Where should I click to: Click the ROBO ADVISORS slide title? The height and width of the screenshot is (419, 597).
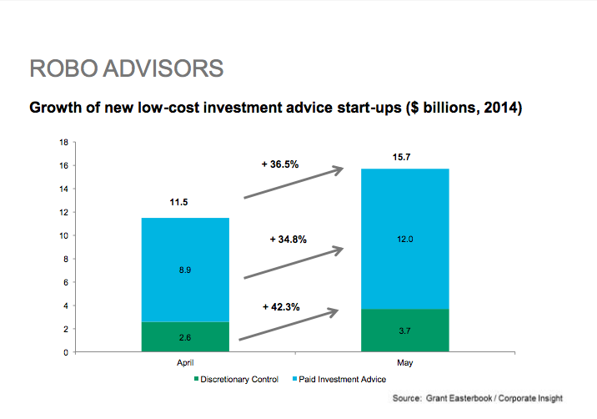click(x=127, y=68)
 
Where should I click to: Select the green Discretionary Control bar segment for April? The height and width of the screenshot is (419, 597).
click(x=185, y=336)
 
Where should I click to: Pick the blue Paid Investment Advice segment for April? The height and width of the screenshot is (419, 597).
click(x=185, y=270)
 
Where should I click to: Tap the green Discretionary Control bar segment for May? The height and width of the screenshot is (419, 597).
click(x=405, y=331)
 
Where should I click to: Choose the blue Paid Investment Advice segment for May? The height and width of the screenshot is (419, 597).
click(x=405, y=239)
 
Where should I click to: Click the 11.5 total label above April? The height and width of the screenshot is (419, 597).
click(x=178, y=202)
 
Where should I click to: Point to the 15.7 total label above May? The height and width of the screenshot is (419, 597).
click(x=401, y=157)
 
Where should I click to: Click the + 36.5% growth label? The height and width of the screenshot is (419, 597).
click(x=280, y=164)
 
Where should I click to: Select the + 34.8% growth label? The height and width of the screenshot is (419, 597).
click(x=288, y=240)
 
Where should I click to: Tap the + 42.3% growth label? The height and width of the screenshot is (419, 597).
click(x=281, y=307)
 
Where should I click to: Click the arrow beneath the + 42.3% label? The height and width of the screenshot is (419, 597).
click(x=288, y=324)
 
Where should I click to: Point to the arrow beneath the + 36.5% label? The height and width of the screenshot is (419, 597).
click(x=293, y=182)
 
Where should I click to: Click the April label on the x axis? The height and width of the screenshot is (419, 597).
click(x=185, y=362)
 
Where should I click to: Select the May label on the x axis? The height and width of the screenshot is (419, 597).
click(x=404, y=362)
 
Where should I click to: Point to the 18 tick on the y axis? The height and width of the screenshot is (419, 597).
click(x=63, y=143)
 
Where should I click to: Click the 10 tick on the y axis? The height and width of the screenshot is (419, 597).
click(x=63, y=236)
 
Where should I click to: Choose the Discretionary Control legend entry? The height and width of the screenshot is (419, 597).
click(x=237, y=379)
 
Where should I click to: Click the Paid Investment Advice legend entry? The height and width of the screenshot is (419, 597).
click(x=339, y=379)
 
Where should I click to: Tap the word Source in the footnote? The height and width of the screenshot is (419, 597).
click(x=407, y=398)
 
